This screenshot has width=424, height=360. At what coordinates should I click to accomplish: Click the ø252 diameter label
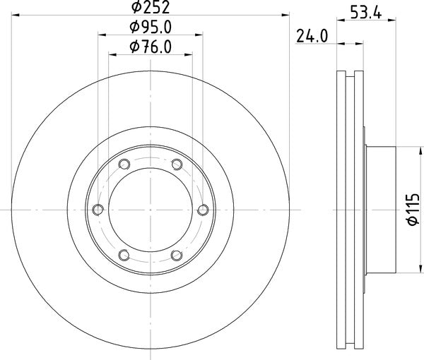[x=151, y=8]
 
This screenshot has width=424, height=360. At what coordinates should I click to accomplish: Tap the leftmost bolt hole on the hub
[x=98, y=209]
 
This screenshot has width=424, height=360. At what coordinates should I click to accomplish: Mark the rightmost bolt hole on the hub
[x=204, y=209]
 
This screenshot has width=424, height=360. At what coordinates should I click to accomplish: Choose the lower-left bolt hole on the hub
[x=124, y=254]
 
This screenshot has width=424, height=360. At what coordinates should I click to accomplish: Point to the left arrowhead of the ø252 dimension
[x=16, y=13]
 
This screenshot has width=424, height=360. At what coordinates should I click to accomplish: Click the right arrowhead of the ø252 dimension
[x=286, y=13]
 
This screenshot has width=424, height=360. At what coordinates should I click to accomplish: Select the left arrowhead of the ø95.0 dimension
[x=101, y=33]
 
